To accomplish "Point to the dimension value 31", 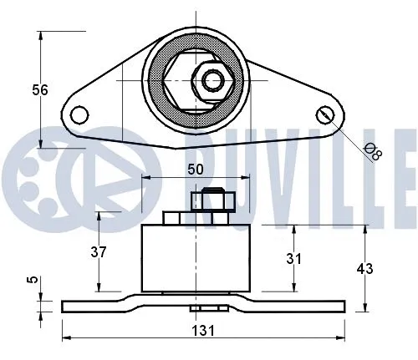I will click(x=293, y=259).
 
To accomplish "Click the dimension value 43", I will click(x=364, y=269).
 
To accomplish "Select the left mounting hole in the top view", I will click(x=79, y=114).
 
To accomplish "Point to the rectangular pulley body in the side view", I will click(x=196, y=259).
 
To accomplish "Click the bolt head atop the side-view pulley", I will click(x=209, y=200).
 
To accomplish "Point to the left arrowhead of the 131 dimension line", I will click(x=67, y=338).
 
